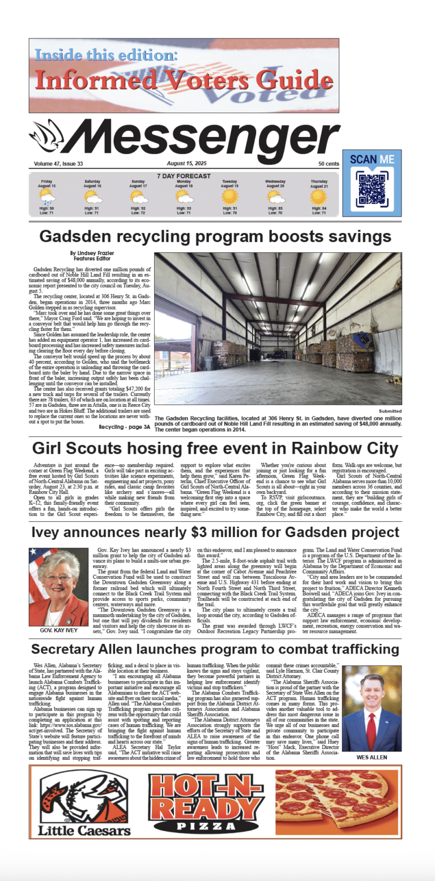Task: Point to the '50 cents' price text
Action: (x=329, y=164)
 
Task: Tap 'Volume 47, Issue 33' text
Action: (x=58, y=164)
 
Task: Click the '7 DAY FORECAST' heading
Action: (x=184, y=176)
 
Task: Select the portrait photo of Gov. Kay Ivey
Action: (x=58, y=579)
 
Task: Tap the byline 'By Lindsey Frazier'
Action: (x=92, y=253)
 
